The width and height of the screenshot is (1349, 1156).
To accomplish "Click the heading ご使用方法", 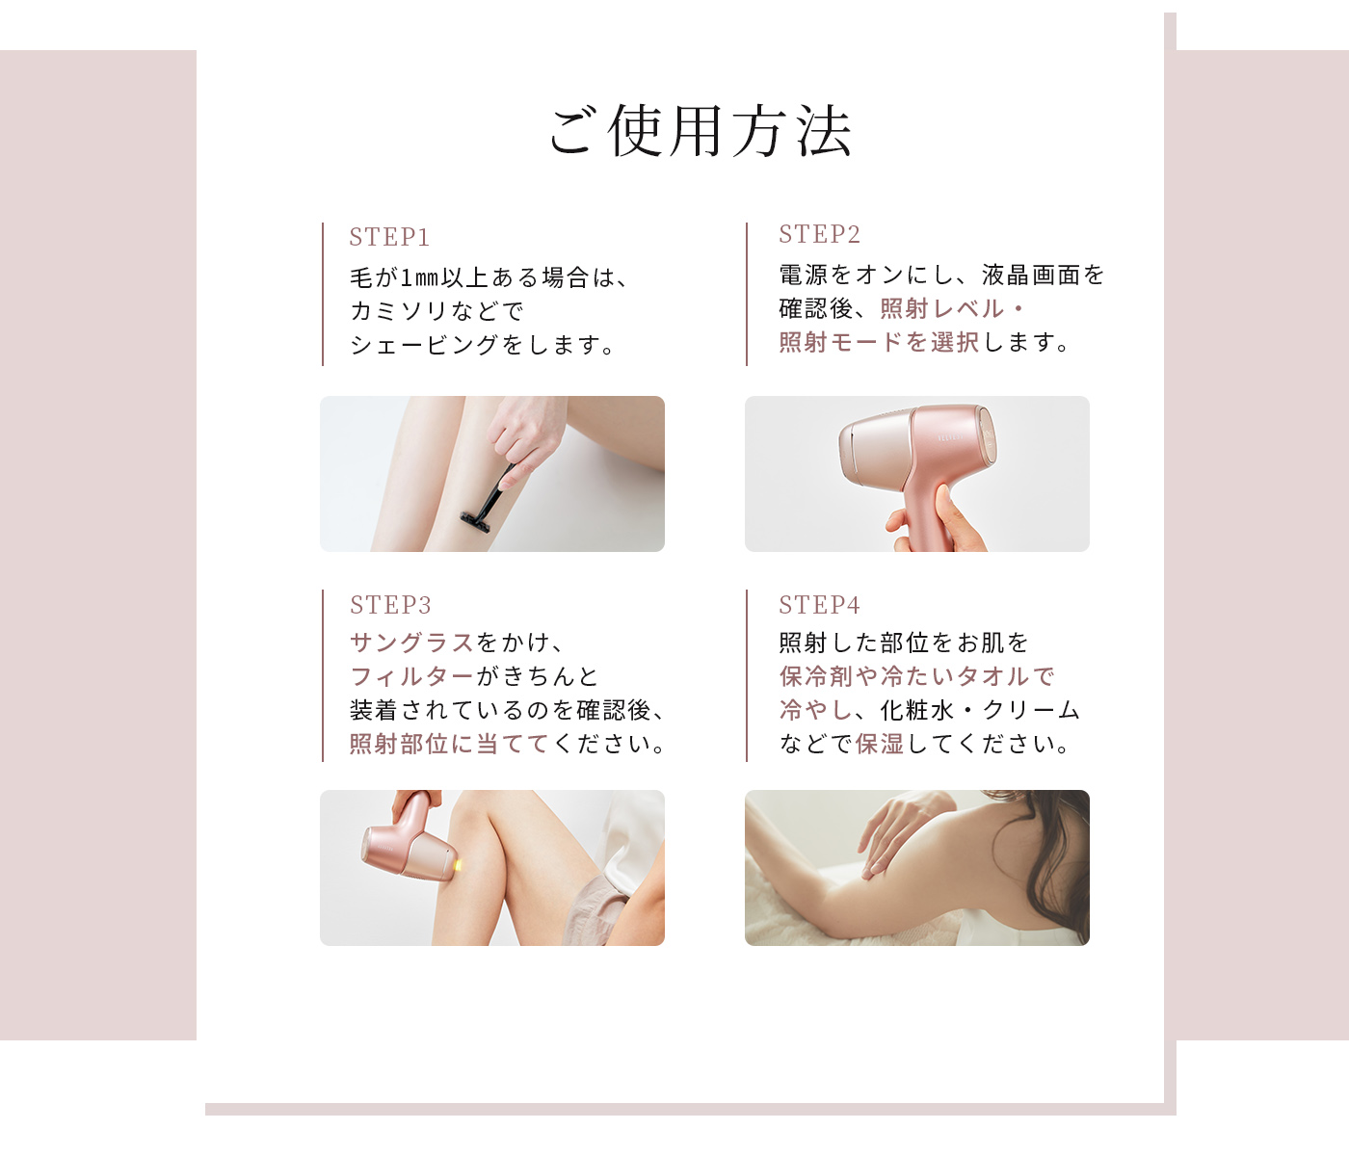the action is click(701, 131).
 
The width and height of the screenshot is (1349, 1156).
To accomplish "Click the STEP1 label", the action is click(389, 237).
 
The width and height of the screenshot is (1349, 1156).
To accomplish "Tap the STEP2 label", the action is click(820, 234).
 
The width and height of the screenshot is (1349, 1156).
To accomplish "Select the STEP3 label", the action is click(390, 605).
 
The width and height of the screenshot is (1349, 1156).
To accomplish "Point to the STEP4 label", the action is click(820, 605).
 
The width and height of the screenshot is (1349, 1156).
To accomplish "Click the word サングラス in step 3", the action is click(411, 643).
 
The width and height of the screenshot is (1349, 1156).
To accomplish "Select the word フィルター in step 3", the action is click(411, 676).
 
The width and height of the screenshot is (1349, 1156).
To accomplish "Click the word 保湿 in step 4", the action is click(880, 743).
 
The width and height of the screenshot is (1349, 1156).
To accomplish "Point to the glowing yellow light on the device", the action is click(457, 866).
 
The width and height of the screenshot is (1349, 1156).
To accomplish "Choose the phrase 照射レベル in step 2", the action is click(941, 308).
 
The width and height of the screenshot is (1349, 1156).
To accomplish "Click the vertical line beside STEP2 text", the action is click(747, 294).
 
